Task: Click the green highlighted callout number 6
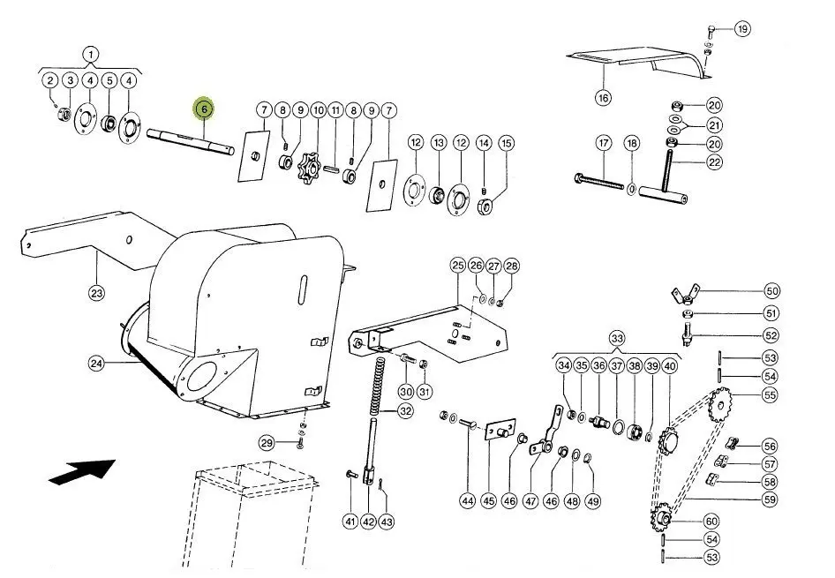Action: click(x=204, y=109)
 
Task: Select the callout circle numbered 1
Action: click(x=91, y=54)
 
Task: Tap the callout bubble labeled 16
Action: click(x=603, y=98)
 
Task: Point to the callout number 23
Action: click(x=96, y=293)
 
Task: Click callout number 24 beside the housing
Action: click(x=96, y=363)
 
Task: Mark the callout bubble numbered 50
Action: click(x=772, y=290)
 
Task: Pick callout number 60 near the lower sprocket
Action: click(x=711, y=521)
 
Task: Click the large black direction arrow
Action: click(x=82, y=471)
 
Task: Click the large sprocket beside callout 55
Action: click(x=720, y=406)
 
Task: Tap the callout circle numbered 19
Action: click(x=742, y=29)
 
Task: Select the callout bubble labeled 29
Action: click(x=267, y=442)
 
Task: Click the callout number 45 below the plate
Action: click(x=488, y=500)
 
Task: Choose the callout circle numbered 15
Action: click(x=506, y=142)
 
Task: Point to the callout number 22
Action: click(x=714, y=162)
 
